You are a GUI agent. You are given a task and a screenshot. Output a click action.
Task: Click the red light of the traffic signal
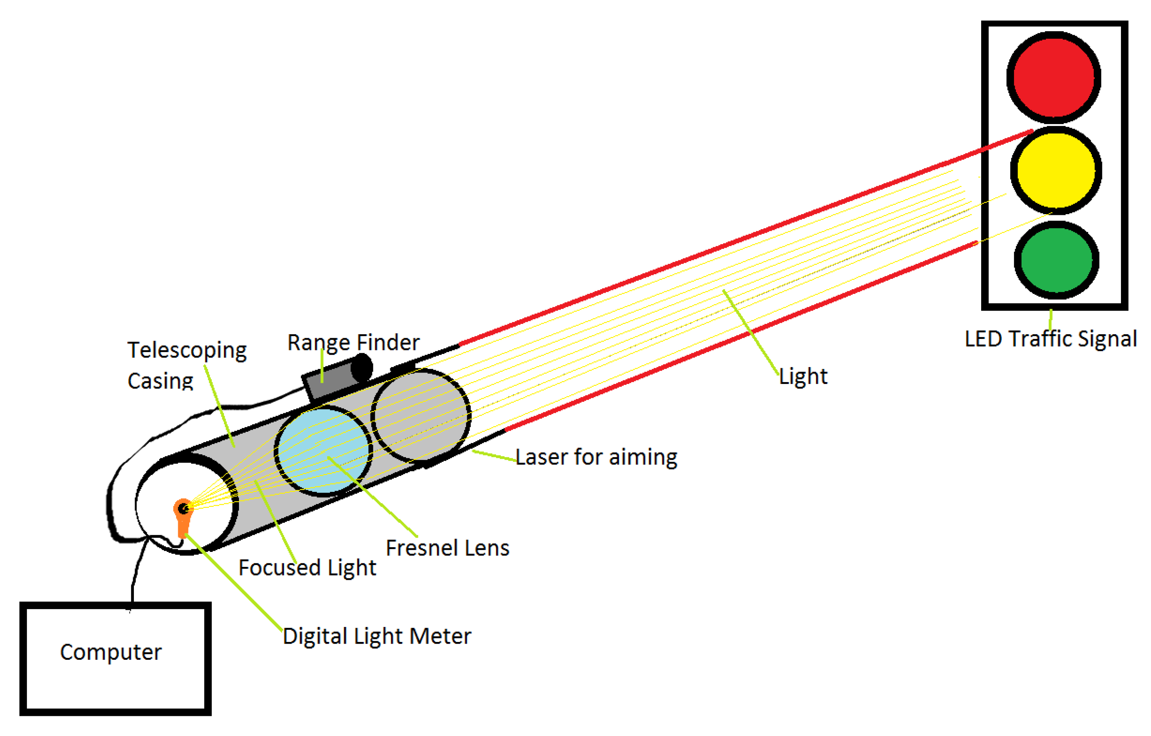(1053, 77)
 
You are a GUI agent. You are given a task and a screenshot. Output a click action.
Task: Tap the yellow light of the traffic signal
(1056, 170)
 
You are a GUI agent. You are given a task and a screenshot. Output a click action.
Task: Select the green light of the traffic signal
(1056, 260)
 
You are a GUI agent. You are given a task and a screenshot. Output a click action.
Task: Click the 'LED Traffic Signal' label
(1050, 339)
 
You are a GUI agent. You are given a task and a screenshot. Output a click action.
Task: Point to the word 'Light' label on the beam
(803, 376)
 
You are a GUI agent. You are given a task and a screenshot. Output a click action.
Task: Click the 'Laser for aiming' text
(596, 457)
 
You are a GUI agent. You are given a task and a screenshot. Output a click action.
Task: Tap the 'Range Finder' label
(353, 342)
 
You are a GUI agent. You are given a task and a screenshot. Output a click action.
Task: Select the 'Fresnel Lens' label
(448, 548)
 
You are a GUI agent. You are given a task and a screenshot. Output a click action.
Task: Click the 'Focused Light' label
(307, 568)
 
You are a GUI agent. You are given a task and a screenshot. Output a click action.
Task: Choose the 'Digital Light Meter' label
(377, 636)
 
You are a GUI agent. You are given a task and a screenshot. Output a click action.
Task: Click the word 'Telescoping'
(187, 350)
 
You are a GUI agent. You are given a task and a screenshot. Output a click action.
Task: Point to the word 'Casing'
(160, 381)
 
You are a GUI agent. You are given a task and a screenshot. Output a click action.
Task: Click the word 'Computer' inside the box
(111, 652)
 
